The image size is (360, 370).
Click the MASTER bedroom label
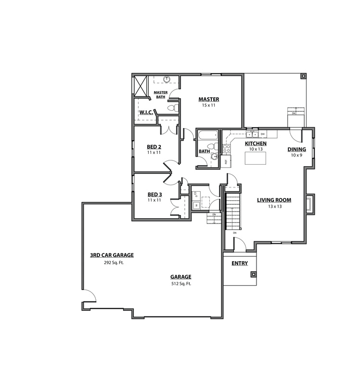208,99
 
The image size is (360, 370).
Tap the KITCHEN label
256,144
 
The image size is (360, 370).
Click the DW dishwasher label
262,134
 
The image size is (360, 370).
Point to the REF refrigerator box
226,161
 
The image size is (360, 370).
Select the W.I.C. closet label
146,113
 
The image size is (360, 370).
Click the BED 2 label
154,146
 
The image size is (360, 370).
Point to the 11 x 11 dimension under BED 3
154,200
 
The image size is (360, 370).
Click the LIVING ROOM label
274,200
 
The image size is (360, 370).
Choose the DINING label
296,149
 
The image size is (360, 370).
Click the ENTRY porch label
240,264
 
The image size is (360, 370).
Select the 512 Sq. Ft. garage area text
180,283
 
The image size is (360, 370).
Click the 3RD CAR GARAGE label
112,255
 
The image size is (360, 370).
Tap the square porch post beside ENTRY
253,275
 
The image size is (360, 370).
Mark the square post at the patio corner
303,77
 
